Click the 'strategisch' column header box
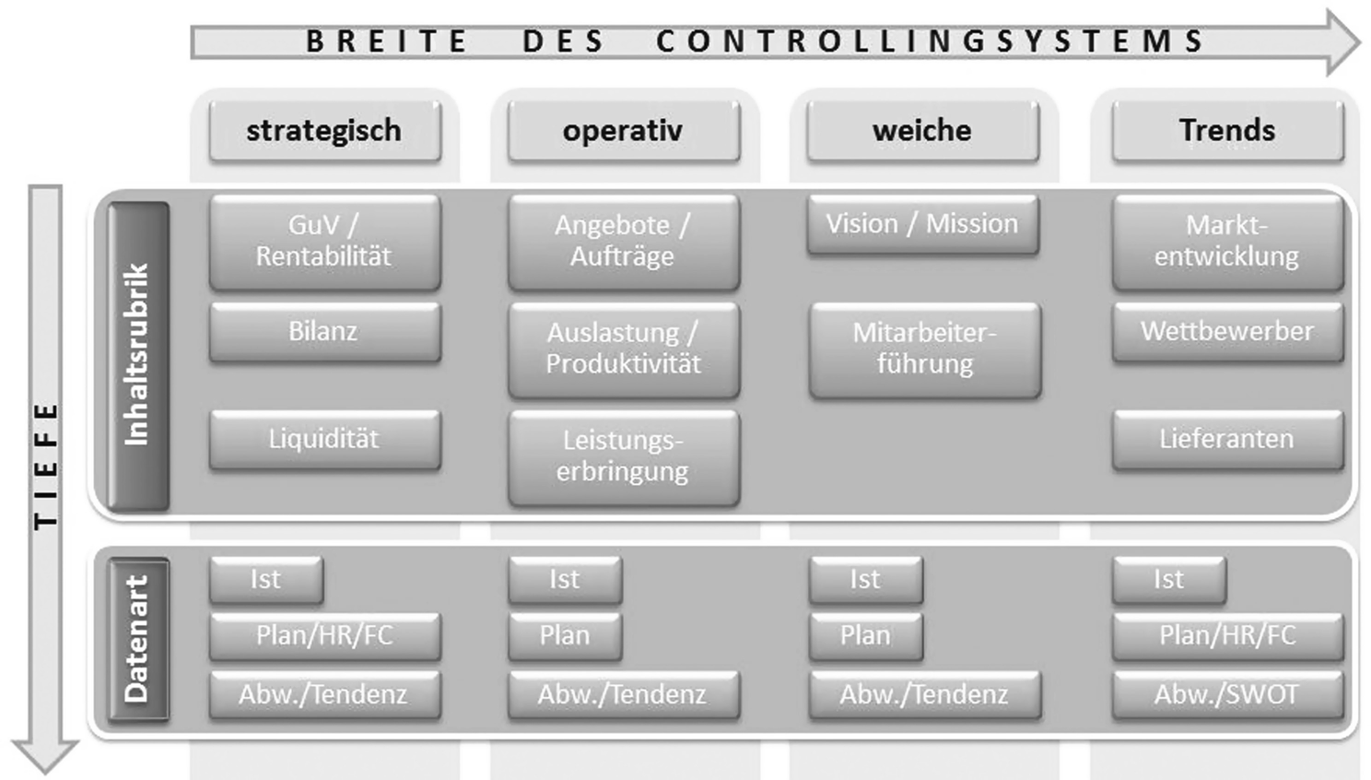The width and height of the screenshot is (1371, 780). coord(324,131)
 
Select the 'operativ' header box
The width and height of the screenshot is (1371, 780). coord(623,131)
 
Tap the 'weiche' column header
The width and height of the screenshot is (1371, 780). coord(922,131)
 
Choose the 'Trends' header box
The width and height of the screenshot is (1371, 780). coord(1227,131)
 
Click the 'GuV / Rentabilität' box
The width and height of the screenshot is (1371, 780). coord(324,241)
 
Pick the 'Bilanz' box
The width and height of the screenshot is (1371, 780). coord(324,331)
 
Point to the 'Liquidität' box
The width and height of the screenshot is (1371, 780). coord(324,439)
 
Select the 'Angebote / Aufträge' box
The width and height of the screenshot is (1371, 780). coord(623,241)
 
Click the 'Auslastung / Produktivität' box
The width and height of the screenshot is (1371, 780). coord(623,349)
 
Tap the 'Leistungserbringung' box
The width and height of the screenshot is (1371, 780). coord(623,456)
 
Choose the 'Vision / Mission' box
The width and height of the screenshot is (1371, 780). coord(922,224)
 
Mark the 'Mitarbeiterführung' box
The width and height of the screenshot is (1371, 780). coord(925,349)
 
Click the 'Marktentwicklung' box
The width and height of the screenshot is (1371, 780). coord(1227,241)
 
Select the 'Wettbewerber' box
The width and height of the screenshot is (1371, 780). coord(1227,331)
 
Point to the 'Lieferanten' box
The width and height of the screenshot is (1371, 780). coord(1227,439)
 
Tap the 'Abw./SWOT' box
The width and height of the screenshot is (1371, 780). coord(1227,694)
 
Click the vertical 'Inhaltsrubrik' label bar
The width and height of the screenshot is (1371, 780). coord(138,355)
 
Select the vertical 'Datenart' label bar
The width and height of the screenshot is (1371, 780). coord(138,638)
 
